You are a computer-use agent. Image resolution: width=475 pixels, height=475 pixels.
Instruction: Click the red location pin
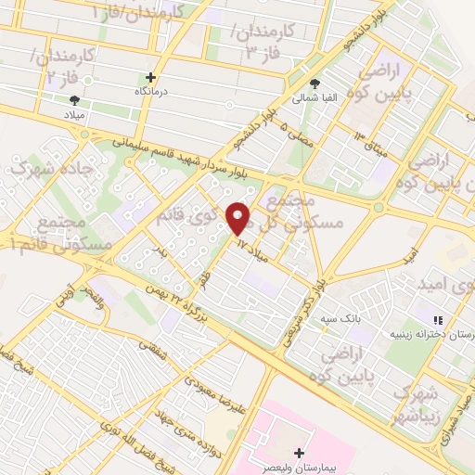[x=238, y=218]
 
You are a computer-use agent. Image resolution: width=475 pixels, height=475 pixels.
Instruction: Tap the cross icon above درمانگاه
[x=151, y=78]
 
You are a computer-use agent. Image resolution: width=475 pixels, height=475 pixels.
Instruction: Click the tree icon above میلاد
[x=74, y=100]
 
